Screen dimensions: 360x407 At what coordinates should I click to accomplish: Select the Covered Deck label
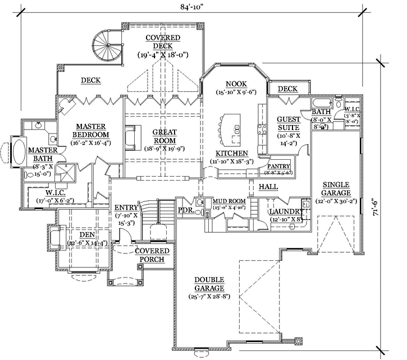pyautogui.click(x=163, y=42)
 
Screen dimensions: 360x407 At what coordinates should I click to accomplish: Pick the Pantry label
pyautogui.click(x=278, y=167)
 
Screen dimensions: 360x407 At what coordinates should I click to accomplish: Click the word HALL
pyautogui.click(x=268, y=186)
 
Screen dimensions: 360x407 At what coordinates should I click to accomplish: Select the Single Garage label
pyautogui.click(x=336, y=189)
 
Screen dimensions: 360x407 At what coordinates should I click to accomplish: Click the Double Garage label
pyautogui.click(x=209, y=284)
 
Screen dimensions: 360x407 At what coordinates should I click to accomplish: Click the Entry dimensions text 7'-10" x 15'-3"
pyautogui.click(x=127, y=219)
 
